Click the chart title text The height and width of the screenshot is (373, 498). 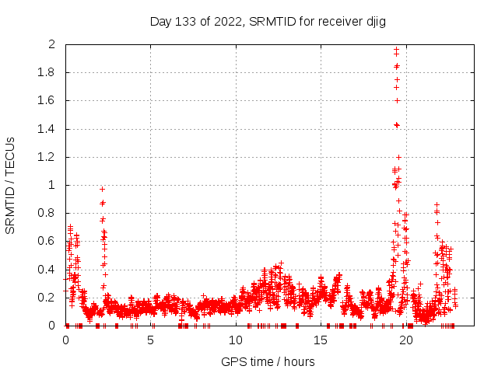268,21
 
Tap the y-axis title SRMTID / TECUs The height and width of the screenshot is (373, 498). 11,185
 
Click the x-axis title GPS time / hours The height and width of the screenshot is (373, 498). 268,361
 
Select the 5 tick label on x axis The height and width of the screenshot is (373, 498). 150,340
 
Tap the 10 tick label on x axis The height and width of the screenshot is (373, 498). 236,340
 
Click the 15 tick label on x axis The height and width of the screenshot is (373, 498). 321,340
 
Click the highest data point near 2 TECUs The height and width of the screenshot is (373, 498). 396,50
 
